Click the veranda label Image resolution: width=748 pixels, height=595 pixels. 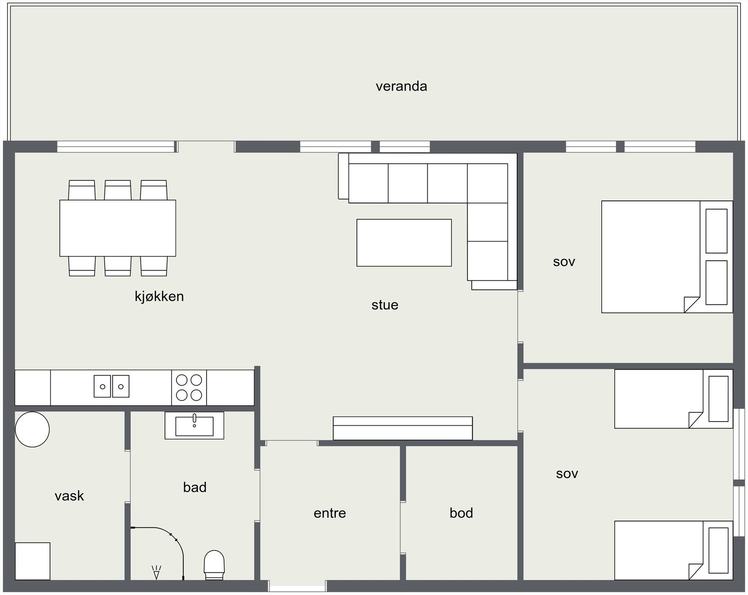click(401, 86)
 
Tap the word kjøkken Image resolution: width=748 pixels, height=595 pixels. click(159, 296)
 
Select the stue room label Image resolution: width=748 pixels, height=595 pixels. click(385, 305)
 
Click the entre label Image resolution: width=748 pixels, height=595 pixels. click(330, 513)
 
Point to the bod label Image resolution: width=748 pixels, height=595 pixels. click(461, 513)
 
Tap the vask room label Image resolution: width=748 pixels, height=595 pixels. click(69, 496)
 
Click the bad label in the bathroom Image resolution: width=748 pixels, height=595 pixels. click(194, 487)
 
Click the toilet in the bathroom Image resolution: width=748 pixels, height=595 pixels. click(215, 564)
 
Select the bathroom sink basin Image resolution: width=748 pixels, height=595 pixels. click(194, 425)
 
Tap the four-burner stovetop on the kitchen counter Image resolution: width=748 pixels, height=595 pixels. click(189, 387)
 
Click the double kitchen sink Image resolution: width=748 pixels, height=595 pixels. click(111, 386)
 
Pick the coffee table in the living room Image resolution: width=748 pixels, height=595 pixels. click(404, 243)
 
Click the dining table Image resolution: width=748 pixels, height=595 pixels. click(117, 228)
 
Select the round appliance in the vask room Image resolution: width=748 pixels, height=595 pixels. click(32, 429)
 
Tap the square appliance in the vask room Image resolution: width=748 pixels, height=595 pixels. click(32, 561)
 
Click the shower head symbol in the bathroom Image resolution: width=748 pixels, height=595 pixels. click(156, 572)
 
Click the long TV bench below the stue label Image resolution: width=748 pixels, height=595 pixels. click(403, 428)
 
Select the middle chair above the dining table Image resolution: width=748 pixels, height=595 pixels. click(117, 190)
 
